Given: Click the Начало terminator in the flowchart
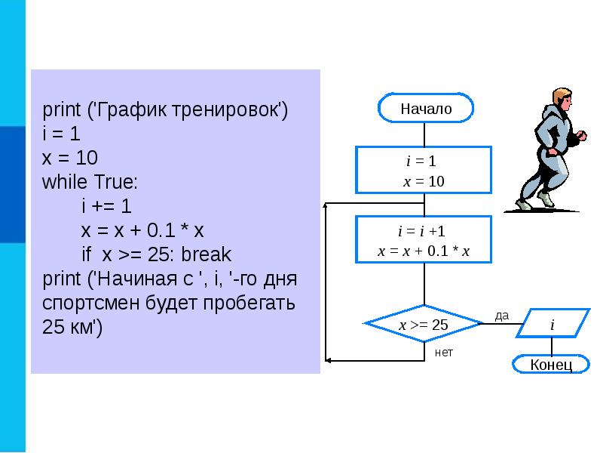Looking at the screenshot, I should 426,108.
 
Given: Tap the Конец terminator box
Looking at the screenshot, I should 551,365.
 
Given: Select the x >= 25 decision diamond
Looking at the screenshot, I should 423,325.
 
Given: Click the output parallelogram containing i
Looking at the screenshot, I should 552,324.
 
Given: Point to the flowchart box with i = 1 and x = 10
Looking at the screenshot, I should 424,171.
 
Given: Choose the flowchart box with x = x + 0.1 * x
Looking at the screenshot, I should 424,251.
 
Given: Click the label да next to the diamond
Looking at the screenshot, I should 502,315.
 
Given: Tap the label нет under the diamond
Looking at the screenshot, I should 444,353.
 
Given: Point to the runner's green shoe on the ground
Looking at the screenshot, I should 525,204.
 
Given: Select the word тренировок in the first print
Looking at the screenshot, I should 234,111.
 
